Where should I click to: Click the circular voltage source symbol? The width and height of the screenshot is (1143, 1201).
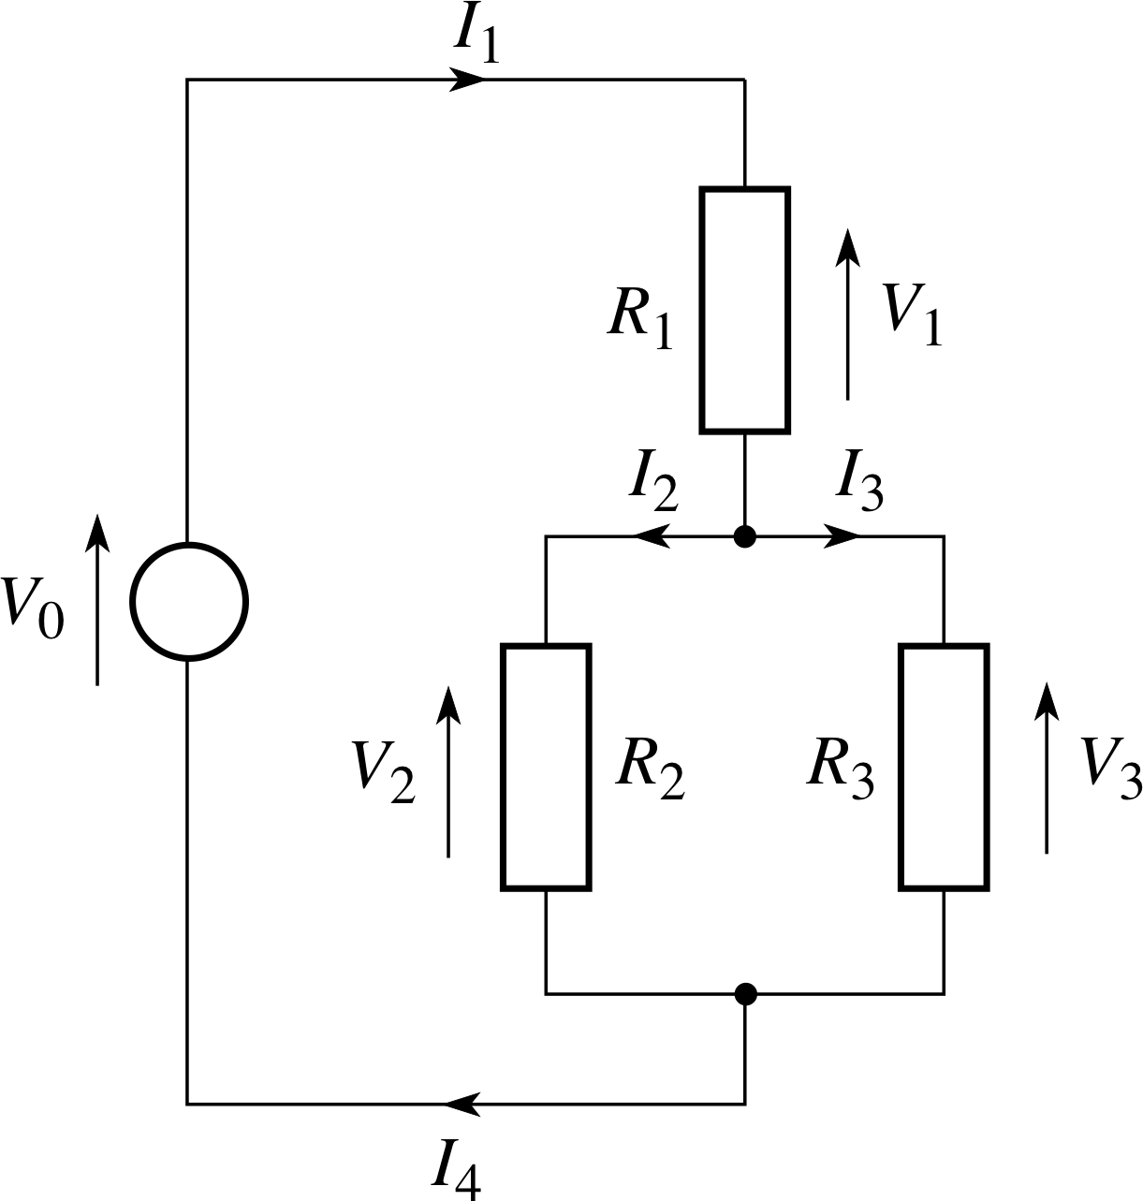[189, 602]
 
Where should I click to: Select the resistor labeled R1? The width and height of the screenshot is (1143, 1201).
[745, 310]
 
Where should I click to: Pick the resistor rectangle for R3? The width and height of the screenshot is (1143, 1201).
[944, 766]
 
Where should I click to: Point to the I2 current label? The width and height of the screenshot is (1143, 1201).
[652, 484]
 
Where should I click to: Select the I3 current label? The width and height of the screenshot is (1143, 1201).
[859, 484]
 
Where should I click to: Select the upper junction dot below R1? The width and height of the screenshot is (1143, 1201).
[745, 537]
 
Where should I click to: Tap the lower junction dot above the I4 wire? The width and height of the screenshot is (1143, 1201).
[745, 994]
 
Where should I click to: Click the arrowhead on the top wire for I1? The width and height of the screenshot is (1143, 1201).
[467, 81]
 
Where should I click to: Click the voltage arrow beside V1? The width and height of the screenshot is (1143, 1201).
[848, 314]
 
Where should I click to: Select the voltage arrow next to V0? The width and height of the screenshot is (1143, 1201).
[97, 599]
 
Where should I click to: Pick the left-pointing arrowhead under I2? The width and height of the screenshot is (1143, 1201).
[652, 537]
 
